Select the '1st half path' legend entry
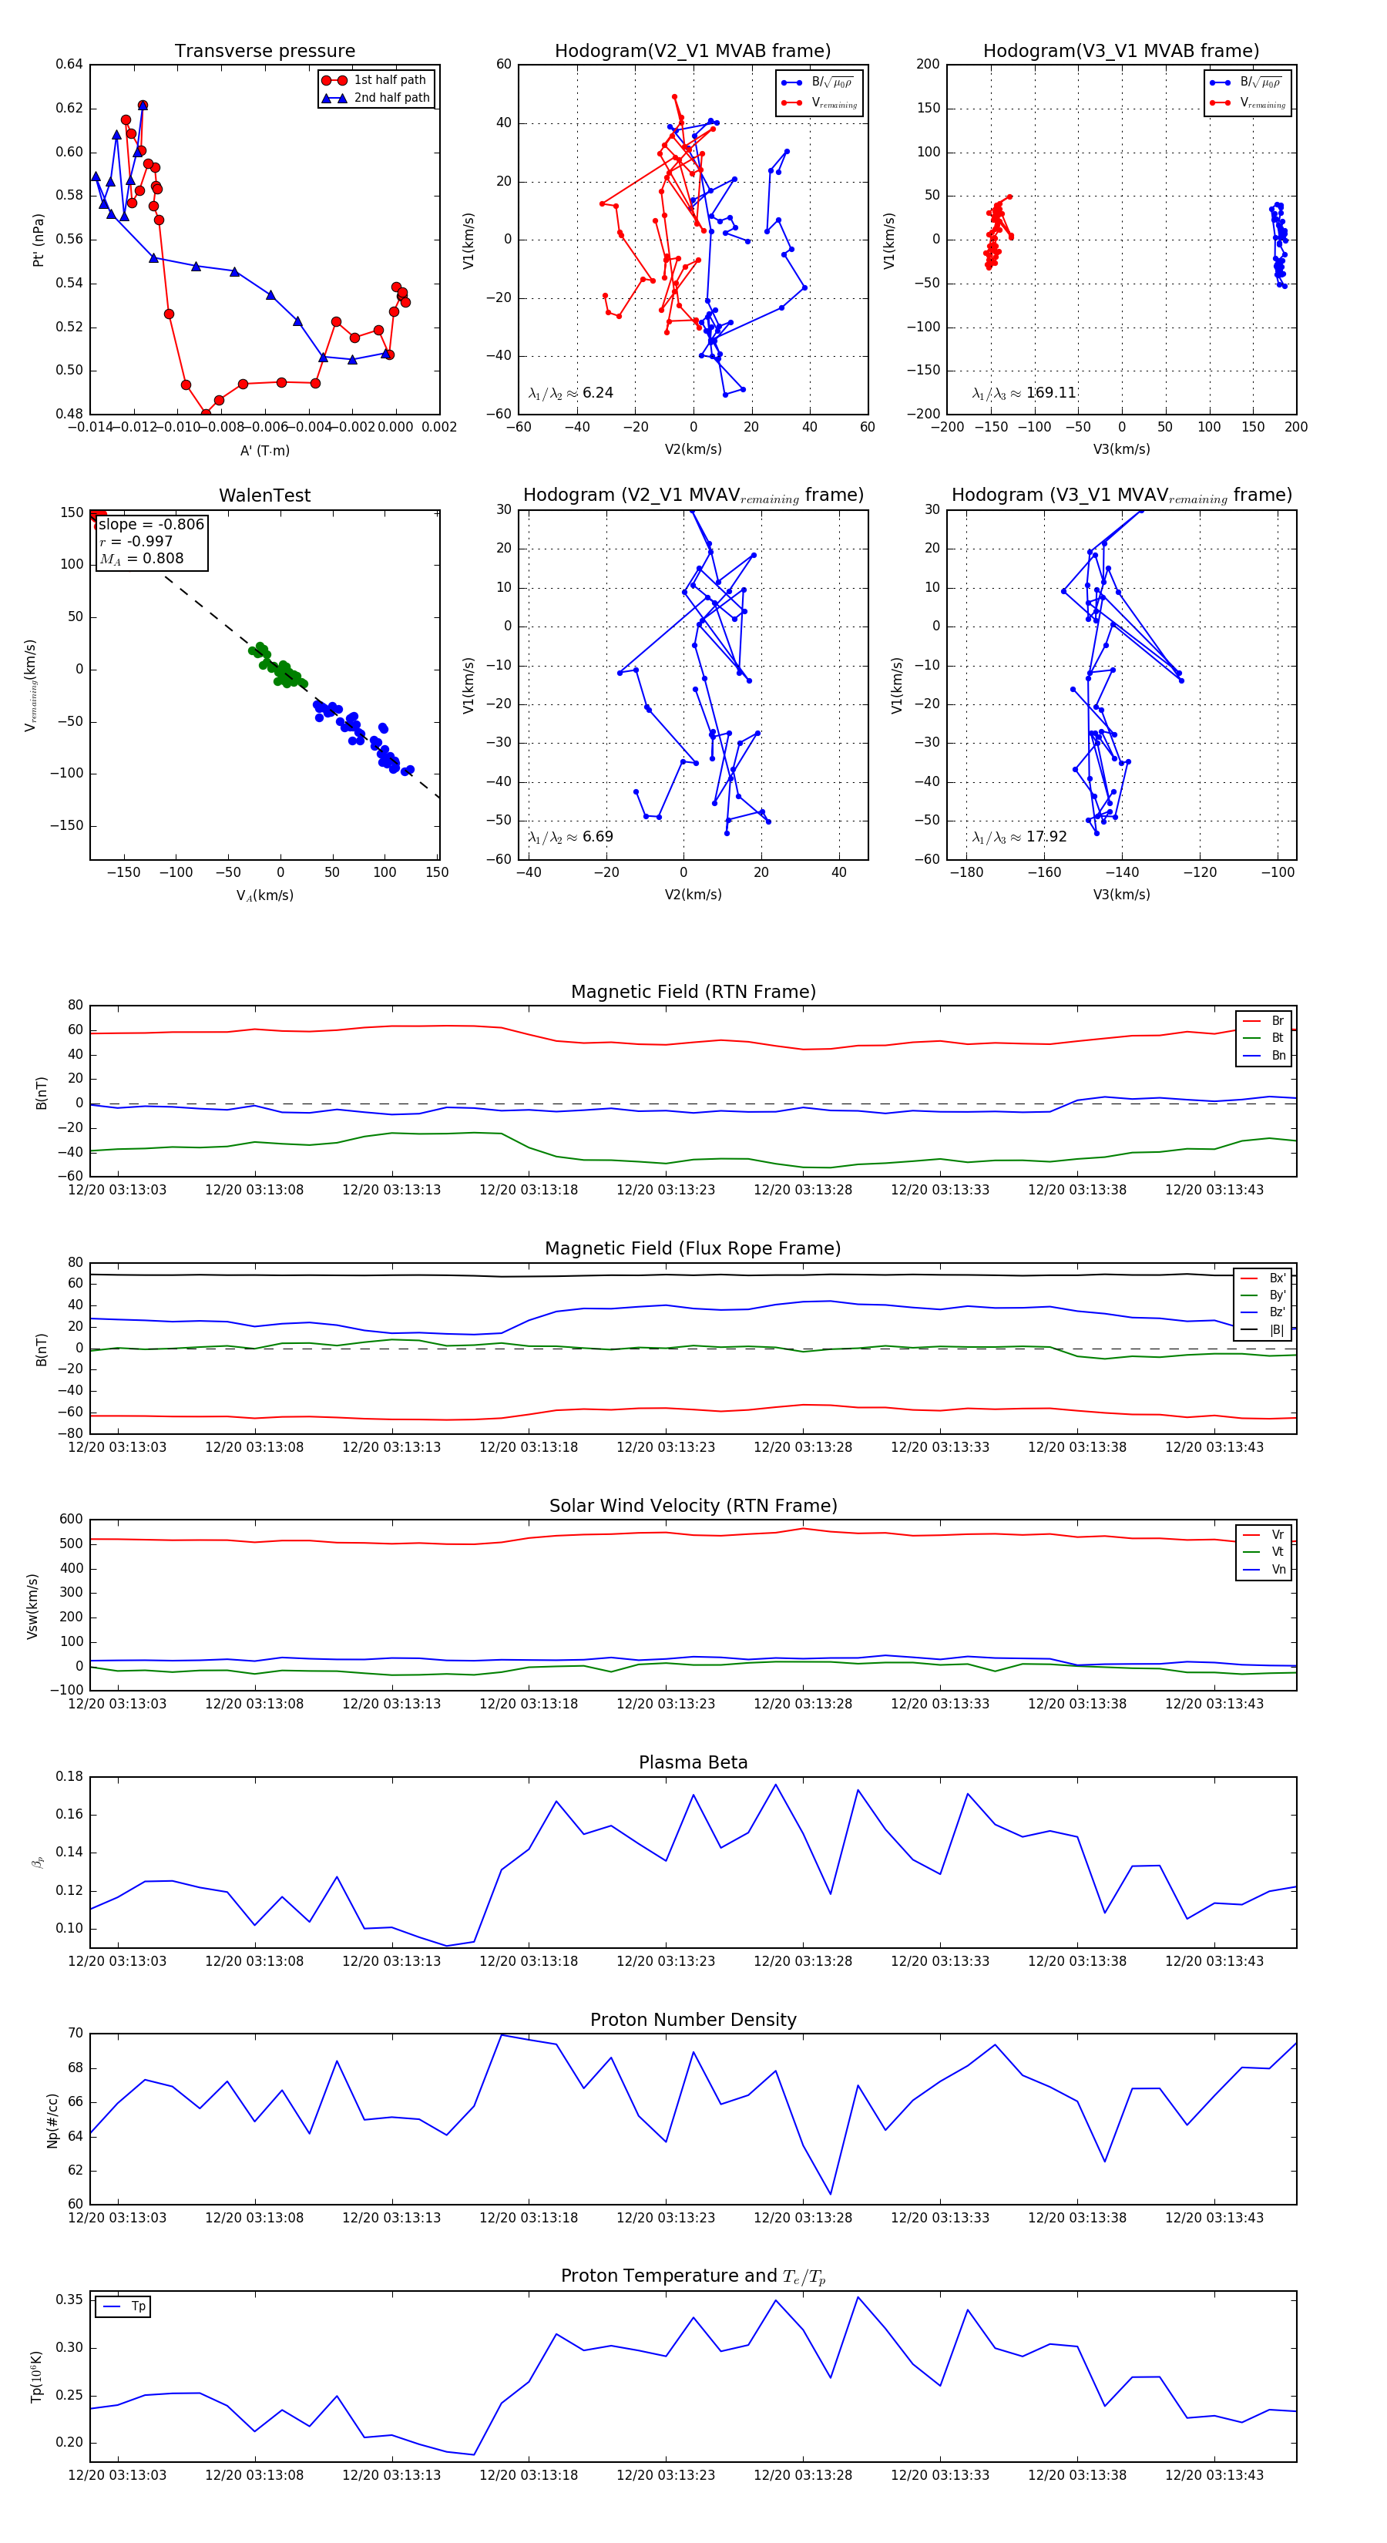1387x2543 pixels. [390, 80]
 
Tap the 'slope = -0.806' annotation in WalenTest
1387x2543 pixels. [151, 524]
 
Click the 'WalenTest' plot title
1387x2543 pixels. [264, 495]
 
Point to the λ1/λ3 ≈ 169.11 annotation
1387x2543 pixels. [1024, 393]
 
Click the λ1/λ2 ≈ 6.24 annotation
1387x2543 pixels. [570, 393]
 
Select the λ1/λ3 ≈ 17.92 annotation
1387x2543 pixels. [1019, 837]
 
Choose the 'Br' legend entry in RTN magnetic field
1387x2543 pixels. [1278, 1021]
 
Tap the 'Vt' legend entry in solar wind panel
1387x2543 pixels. [1278, 1552]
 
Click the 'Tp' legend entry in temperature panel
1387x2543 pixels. [138, 2307]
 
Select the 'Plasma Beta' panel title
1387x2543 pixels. [693, 1763]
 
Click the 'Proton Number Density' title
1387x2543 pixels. [693, 2020]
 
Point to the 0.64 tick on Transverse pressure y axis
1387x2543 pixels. [69, 64]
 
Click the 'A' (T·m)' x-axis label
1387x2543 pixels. [264, 451]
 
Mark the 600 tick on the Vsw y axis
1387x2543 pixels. [71, 1520]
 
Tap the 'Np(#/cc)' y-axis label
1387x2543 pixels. [52, 2119]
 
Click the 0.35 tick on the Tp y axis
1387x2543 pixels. [69, 2300]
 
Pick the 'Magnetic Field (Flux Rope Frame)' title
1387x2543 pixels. [693, 1249]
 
